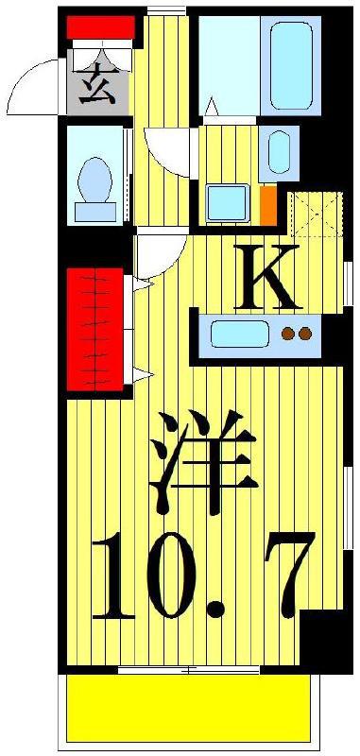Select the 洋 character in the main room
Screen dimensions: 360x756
[203, 462]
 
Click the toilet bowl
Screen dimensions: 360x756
[94, 180]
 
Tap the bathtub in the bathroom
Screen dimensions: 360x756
[291, 65]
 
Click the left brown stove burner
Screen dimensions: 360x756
[288, 333]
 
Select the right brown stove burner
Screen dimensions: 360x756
[305, 333]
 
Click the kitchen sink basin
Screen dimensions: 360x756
[239, 334]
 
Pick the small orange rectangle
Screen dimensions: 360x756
[268, 205]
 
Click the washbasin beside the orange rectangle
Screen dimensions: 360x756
[279, 151]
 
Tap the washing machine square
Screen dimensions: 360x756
[228, 203]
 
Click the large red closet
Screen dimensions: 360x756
[94, 329]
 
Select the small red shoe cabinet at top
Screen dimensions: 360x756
[100, 27]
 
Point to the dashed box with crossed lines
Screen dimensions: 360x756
[317, 215]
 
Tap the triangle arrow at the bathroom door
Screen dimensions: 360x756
[211, 107]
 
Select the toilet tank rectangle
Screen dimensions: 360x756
[94, 212]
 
